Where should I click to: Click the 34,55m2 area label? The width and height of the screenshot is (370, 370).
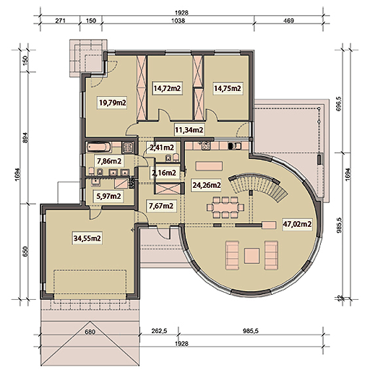point(87,238)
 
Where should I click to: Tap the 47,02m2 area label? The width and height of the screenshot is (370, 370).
point(297,224)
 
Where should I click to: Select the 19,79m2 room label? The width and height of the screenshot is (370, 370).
point(113,103)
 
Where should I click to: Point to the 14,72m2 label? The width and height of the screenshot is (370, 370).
point(167,88)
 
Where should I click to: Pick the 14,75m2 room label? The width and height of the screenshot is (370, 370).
point(228,88)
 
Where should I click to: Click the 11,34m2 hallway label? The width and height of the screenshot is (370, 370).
point(189,130)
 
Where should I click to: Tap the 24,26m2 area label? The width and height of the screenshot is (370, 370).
point(207,185)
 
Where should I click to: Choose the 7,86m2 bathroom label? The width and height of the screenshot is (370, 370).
point(109,161)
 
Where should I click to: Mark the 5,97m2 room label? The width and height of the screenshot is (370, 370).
point(108,197)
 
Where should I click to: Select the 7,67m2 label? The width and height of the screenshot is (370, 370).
point(161,206)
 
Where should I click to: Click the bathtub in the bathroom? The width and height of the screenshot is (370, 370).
point(99,147)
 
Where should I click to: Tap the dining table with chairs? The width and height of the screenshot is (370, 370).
point(225,207)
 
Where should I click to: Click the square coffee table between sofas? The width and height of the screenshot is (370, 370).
point(251,256)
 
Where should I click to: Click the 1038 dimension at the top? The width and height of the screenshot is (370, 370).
point(178,21)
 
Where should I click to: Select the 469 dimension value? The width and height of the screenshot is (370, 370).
point(288,21)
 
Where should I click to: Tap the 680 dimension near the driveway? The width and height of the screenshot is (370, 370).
point(90,332)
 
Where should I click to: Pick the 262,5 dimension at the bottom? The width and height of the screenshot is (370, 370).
point(159,331)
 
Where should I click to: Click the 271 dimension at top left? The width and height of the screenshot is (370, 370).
point(60,21)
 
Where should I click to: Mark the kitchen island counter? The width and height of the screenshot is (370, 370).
point(209,166)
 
